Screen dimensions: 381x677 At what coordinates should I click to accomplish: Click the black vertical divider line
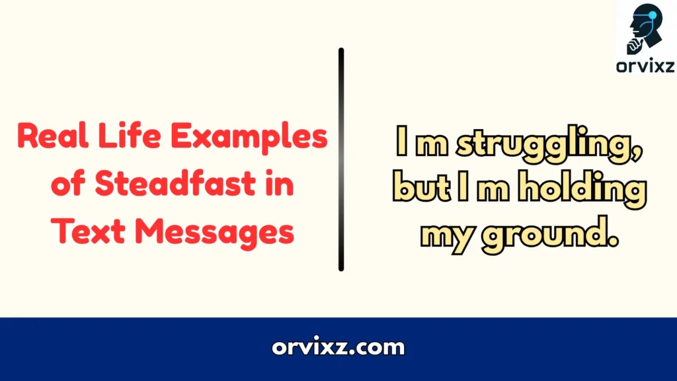click(x=341, y=159)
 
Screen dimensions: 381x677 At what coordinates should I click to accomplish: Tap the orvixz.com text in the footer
click(x=338, y=347)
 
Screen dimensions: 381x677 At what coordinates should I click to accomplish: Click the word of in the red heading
click(x=67, y=185)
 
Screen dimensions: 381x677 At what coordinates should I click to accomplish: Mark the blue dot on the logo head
click(x=655, y=14)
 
